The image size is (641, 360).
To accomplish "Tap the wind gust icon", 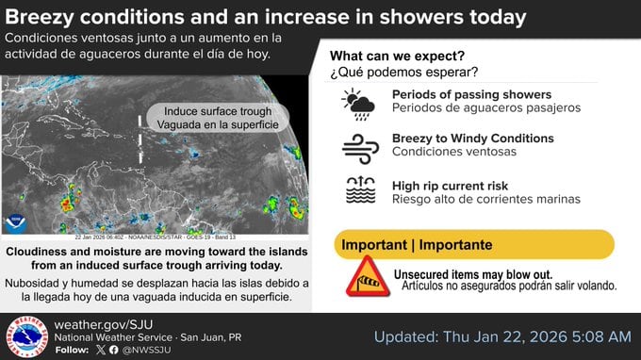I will [359, 146].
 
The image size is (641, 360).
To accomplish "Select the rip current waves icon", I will [359, 190].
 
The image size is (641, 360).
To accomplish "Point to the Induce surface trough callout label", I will [216, 118].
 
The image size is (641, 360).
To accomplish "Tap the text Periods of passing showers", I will [471, 94].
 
